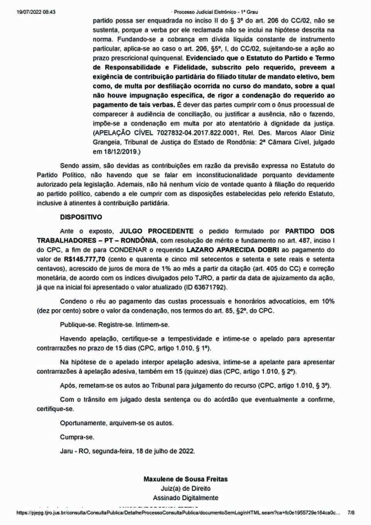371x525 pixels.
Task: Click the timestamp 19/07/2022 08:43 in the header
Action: pyautogui.click(x=36, y=12)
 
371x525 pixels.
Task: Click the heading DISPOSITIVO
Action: pyautogui.click(x=81, y=217)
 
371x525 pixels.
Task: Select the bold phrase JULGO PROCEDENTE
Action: pyautogui.click(x=157, y=231)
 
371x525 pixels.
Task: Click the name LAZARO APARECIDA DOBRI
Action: pyautogui.click(x=233, y=250)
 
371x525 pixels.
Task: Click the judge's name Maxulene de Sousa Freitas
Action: pyautogui.click(x=185, y=479)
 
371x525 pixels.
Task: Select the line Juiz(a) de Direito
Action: pyautogui.click(x=185, y=489)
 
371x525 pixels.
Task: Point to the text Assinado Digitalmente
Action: pyautogui.click(x=185, y=498)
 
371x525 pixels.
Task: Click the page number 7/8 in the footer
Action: pyautogui.click(x=351, y=513)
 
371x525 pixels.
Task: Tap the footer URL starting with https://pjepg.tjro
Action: pyautogui.click(x=178, y=513)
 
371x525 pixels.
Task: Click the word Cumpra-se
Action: pyautogui.click(x=77, y=437)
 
